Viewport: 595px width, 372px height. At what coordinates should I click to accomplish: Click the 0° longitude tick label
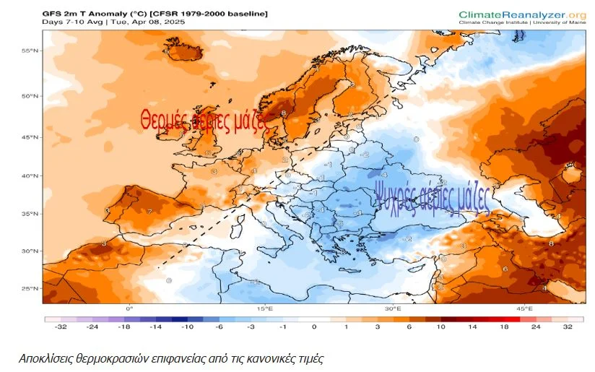point(130,309)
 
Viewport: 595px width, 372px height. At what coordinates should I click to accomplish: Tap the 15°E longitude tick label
point(265,309)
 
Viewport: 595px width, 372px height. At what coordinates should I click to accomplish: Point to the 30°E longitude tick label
point(393,309)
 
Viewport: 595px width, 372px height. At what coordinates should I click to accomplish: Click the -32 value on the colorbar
point(60,326)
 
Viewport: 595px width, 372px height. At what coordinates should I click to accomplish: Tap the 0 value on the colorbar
point(314,326)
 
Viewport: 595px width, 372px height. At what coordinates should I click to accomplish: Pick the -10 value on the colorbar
point(186,326)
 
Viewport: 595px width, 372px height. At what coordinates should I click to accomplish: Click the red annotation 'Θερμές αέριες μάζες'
point(204,119)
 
